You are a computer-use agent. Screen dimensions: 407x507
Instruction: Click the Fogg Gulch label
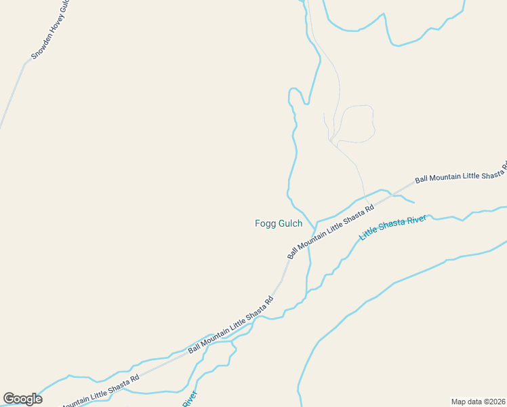coord(278,223)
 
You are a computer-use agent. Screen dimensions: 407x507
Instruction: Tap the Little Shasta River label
coord(392,227)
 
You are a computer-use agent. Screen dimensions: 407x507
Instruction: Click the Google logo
coord(22,399)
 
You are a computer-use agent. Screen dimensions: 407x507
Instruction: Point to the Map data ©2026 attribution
coord(478,402)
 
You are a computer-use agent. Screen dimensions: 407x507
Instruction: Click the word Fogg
coord(265,223)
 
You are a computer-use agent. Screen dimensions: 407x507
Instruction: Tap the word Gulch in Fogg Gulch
coord(290,223)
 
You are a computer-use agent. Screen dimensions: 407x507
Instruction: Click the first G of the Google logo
coord(9,399)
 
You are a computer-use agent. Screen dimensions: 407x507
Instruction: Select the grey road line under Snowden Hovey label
coord(12,95)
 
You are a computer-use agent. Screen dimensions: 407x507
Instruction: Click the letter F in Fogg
coord(258,223)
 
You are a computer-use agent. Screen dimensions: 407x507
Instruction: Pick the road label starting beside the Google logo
coord(102,390)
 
